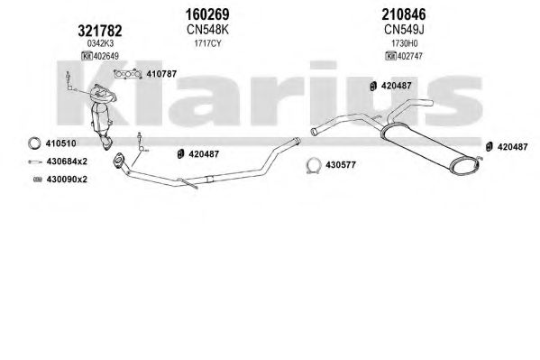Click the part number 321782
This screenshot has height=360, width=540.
click(x=100, y=31)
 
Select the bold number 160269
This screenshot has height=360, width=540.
click(x=207, y=14)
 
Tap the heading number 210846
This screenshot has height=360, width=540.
click(x=404, y=14)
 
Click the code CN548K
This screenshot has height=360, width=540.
click(x=207, y=30)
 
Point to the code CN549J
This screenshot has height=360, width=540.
click(x=404, y=30)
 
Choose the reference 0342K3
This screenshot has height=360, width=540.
click(x=100, y=43)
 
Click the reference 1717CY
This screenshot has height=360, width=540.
click(x=207, y=43)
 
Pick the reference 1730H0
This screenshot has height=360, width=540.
click(x=404, y=43)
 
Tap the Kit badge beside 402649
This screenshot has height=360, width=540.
click(x=87, y=56)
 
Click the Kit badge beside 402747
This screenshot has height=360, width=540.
click(x=391, y=56)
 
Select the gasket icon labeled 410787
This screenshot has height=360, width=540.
click(x=127, y=74)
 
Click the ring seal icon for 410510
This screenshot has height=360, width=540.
click(x=34, y=143)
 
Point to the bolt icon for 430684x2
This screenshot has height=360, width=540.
click(x=35, y=162)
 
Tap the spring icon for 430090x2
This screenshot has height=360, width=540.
click(x=38, y=180)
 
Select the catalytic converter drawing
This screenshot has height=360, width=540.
click(x=102, y=114)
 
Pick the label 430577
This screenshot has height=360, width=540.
click(x=341, y=165)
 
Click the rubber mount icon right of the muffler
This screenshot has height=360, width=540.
click(x=489, y=146)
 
